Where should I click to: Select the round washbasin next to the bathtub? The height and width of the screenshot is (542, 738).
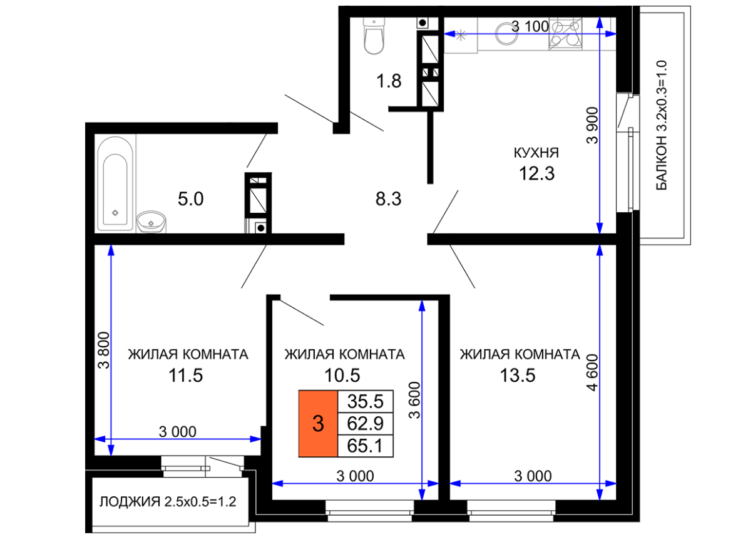(x=151, y=222)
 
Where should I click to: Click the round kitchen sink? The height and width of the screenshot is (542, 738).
(x=506, y=33)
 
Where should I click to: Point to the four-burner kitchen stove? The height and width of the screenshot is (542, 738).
(x=565, y=33)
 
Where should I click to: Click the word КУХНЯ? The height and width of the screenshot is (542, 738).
(x=536, y=153)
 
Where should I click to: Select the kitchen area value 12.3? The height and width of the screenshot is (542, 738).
(x=536, y=173)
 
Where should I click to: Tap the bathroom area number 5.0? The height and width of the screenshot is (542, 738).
(x=191, y=199)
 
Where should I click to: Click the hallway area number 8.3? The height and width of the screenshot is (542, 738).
(x=388, y=199)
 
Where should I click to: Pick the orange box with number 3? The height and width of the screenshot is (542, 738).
(x=318, y=424)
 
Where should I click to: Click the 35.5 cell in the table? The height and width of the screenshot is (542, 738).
(x=365, y=401)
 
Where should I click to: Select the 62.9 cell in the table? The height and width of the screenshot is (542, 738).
(x=365, y=424)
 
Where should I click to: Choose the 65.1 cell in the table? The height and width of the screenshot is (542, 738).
(x=365, y=446)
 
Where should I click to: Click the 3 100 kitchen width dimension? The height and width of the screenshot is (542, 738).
(x=530, y=26)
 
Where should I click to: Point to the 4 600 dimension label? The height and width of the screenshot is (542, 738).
(x=593, y=372)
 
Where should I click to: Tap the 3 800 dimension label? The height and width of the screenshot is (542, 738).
(x=103, y=350)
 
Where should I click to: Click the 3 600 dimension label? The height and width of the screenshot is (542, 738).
(x=414, y=401)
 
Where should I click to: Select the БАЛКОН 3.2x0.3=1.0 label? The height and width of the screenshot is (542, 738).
(x=661, y=125)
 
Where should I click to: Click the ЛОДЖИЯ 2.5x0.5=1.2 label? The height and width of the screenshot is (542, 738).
(x=168, y=501)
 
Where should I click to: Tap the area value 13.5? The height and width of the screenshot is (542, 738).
(x=517, y=376)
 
